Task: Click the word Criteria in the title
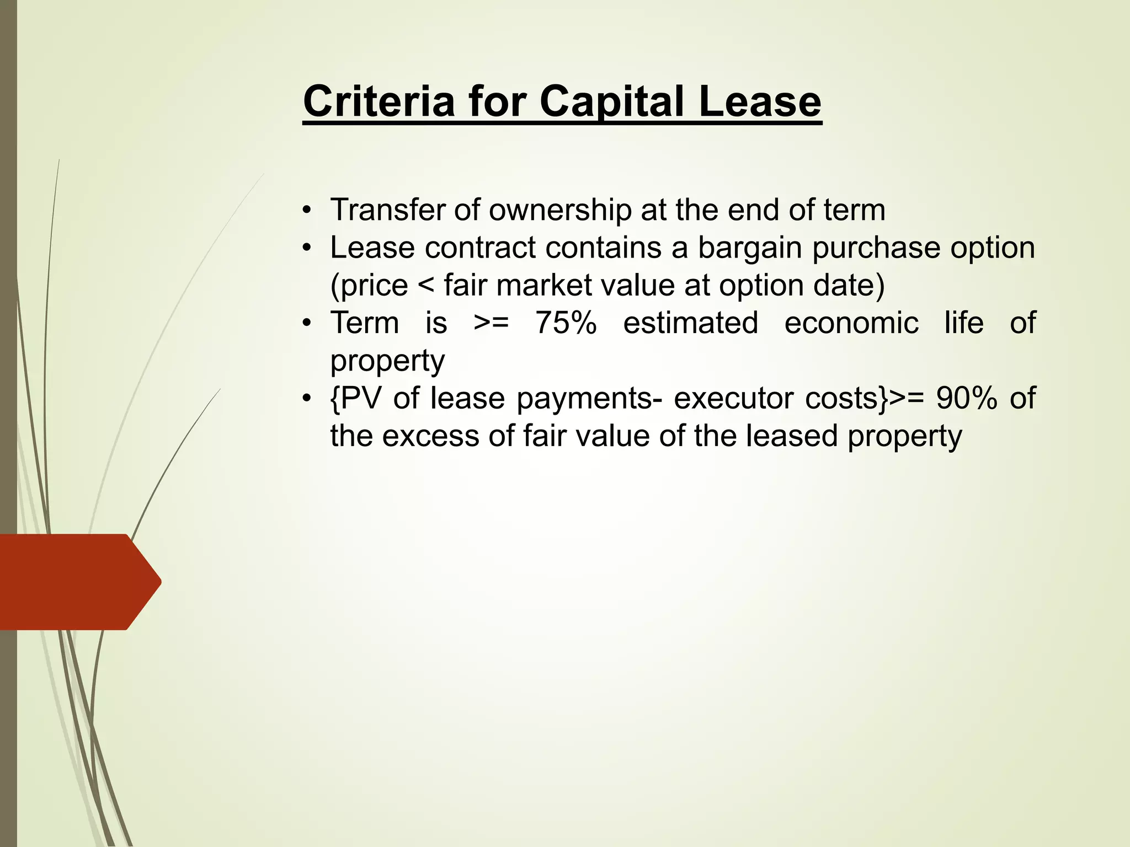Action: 379,101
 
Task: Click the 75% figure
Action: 566,323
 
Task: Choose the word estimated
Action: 690,323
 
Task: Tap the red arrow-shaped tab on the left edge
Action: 77,582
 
